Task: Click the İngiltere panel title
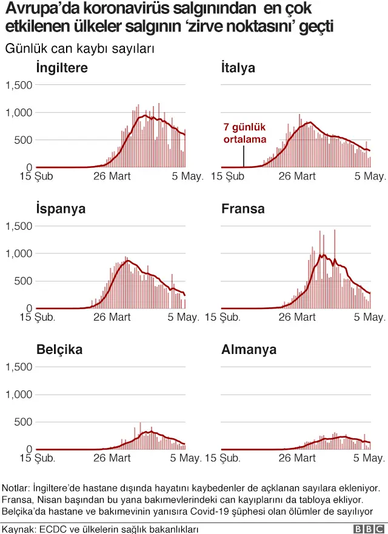[62, 67]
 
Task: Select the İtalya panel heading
[238, 67]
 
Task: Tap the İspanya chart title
[61, 209]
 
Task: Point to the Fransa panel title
[243, 209]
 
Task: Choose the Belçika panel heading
[59, 350]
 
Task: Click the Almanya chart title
[249, 349]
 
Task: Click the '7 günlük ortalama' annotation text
[244, 133]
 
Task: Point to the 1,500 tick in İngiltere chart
[19, 85]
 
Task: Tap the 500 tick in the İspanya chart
[23, 281]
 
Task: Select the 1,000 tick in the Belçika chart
[19, 395]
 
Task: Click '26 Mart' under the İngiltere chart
[112, 176]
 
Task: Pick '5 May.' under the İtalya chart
[370, 176]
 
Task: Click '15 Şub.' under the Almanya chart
[222, 458]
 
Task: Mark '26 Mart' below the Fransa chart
[297, 317]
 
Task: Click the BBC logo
[369, 529]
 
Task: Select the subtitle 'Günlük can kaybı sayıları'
[79, 48]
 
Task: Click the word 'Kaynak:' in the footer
[20, 529]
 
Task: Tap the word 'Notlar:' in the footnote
[16, 488]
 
